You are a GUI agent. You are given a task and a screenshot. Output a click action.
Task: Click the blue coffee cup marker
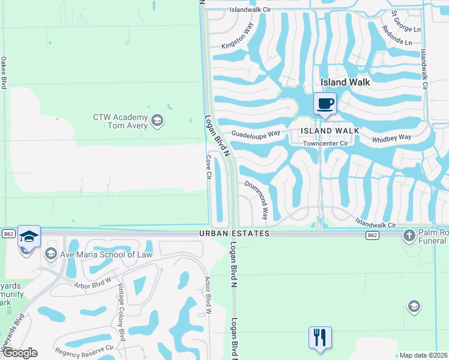click(x=325, y=103)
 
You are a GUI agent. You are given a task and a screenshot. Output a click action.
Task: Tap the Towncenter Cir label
click(x=325, y=143)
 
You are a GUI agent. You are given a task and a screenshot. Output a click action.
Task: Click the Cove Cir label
click(x=208, y=170)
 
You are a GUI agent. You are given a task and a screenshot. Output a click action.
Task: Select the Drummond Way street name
click(x=256, y=199)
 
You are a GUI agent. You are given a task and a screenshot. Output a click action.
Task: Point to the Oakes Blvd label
click(x=4, y=73)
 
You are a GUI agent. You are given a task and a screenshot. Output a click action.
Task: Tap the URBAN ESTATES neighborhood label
click(x=234, y=233)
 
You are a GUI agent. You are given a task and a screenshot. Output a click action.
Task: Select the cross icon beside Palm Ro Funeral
click(x=409, y=235)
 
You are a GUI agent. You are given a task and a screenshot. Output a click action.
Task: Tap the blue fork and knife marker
click(x=320, y=337)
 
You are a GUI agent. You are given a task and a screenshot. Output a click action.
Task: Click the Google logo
click(x=19, y=353)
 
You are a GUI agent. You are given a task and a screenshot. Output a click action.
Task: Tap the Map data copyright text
click(x=423, y=355)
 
